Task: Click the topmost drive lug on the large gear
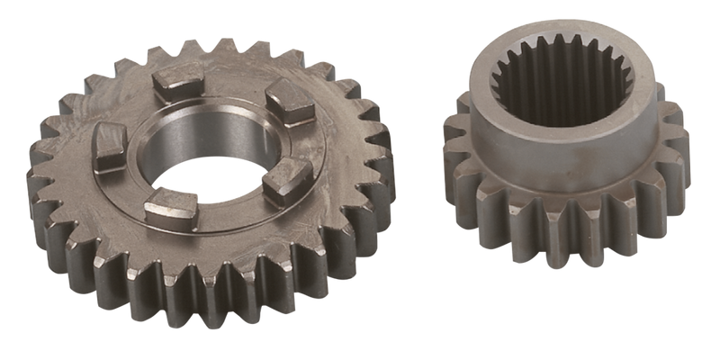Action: (x=175, y=84)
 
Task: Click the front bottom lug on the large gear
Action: (x=170, y=209)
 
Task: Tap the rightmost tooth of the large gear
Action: (x=382, y=153)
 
